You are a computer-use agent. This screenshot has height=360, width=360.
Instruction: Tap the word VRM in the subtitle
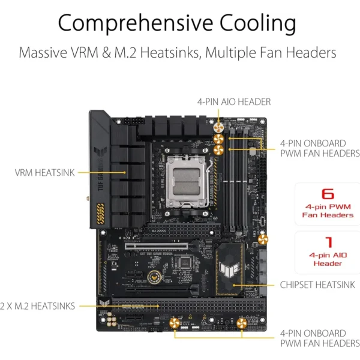click(85, 53)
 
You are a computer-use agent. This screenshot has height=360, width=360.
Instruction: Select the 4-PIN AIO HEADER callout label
click(234, 102)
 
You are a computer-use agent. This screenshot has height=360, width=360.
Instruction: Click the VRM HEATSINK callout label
click(44, 173)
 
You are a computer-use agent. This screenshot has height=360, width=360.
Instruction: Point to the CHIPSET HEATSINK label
click(317, 285)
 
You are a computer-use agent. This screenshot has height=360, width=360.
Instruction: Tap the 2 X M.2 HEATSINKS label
click(37, 306)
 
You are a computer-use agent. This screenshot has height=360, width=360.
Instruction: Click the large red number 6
click(328, 194)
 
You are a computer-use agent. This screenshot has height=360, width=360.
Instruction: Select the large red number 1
click(329, 242)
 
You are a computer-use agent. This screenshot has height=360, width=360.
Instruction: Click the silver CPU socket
click(187, 181)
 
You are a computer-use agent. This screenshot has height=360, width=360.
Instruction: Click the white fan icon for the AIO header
click(218, 128)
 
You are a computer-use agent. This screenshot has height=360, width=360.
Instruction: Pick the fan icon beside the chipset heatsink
click(263, 239)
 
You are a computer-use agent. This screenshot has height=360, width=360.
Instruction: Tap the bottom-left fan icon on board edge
click(175, 323)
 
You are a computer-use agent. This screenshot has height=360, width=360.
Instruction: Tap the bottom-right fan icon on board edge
click(242, 323)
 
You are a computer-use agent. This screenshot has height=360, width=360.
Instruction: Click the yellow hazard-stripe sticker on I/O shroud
click(100, 214)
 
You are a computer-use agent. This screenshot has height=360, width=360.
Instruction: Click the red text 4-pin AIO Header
click(328, 259)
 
